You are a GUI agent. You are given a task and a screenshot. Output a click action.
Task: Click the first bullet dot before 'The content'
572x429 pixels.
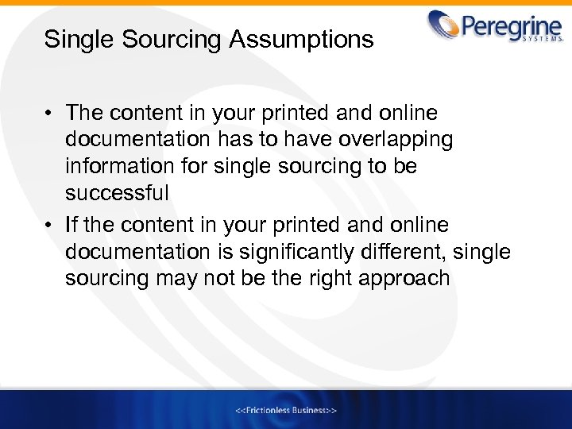[49, 113]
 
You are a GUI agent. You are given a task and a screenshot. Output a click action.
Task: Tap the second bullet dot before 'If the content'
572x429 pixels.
[49, 226]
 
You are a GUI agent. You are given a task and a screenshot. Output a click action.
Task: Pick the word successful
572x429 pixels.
[117, 194]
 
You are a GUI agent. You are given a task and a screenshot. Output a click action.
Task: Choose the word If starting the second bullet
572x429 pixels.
[71, 226]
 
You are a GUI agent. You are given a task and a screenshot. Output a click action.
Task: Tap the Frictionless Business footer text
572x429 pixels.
[287, 410]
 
